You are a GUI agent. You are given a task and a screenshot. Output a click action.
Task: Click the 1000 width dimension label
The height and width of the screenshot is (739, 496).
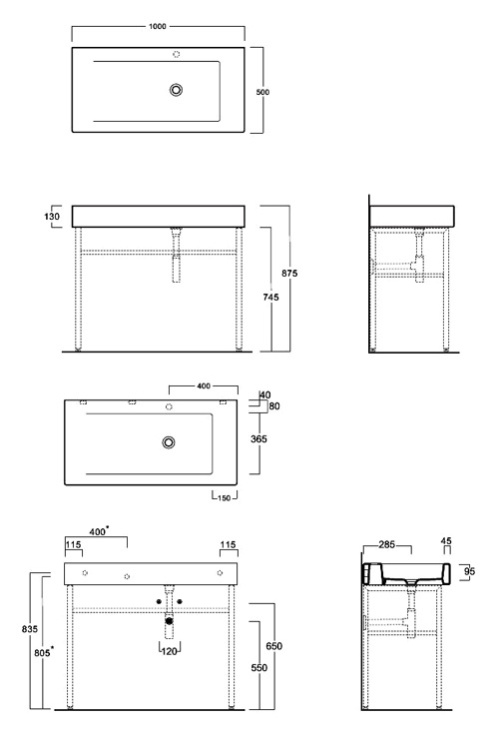click(x=158, y=26)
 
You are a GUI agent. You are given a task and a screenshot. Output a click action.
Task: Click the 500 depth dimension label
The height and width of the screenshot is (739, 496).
click(x=262, y=92)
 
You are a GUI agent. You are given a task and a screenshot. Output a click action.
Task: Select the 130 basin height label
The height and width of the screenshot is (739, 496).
click(x=52, y=217)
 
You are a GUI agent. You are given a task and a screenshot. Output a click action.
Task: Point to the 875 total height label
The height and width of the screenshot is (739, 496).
click(x=289, y=273)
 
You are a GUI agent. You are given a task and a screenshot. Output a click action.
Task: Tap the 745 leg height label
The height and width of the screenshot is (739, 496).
click(x=270, y=297)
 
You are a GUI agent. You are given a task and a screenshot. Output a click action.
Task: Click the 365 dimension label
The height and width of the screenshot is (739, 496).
click(x=258, y=438)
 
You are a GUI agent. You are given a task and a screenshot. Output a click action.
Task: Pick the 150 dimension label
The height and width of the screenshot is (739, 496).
click(x=225, y=497)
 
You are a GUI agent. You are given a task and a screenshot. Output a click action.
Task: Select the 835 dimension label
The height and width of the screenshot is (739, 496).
click(x=30, y=629)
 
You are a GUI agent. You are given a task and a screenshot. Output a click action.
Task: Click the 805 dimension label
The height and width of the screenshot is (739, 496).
click(x=42, y=653)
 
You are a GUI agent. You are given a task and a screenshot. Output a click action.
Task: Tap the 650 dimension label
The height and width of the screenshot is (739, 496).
click(x=274, y=646)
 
